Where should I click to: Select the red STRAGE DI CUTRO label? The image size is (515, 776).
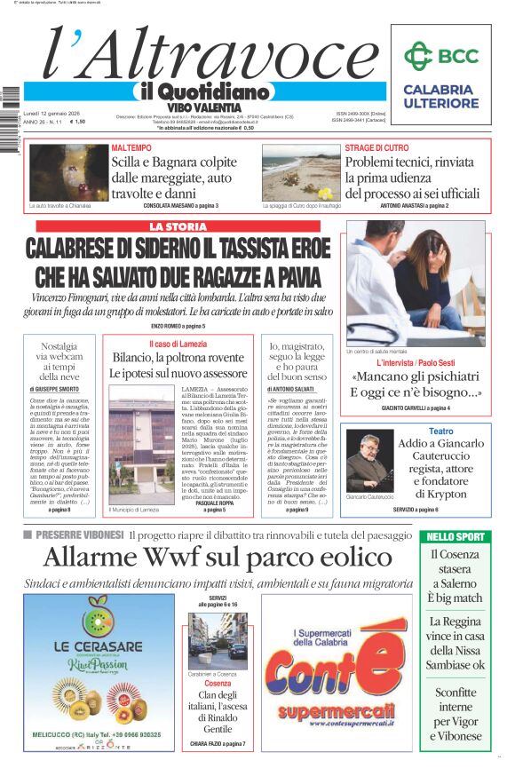[376, 147]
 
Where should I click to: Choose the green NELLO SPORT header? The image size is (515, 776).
[456, 536]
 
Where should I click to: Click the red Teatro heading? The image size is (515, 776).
[440, 432]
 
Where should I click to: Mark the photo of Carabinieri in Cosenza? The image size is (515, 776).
[217, 637]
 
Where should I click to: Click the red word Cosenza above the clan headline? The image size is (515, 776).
[218, 684]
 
